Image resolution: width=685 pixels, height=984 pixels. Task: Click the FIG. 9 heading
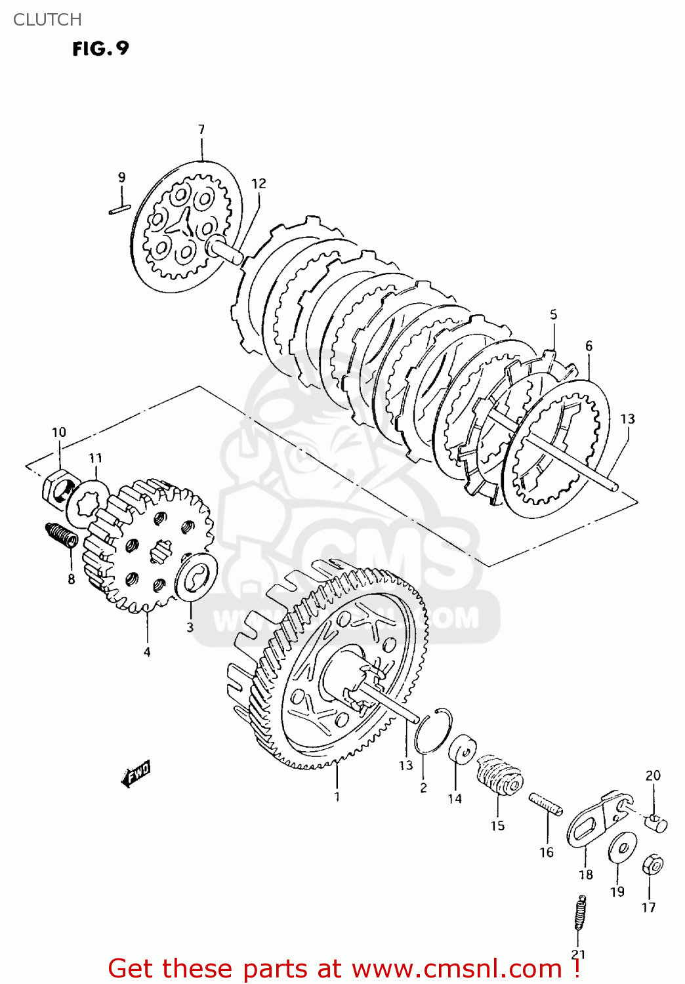click(x=100, y=49)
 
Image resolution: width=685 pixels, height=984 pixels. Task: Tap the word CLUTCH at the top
click(x=47, y=20)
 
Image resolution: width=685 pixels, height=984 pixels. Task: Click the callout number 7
click(x=201, y=129)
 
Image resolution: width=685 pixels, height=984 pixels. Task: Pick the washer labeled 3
click(x=196, y=576)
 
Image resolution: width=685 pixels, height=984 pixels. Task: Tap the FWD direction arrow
click(x=136, y=774)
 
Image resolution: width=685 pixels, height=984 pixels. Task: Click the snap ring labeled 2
click(x=434, y=730)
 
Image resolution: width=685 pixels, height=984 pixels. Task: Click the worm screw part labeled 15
click(x=499, y=777)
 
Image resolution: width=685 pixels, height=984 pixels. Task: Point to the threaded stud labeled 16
click(x=545, y=804)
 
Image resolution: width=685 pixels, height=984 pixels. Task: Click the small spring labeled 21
click(x=579, y=912)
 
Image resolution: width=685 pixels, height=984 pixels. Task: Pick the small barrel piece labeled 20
click(x=655, y=821)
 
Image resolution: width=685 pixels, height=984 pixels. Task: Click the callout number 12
click(x=259, y=184)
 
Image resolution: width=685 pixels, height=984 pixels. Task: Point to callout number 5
click(x=553, y=315)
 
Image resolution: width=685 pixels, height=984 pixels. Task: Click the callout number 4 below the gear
click(x=147, y=651)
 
